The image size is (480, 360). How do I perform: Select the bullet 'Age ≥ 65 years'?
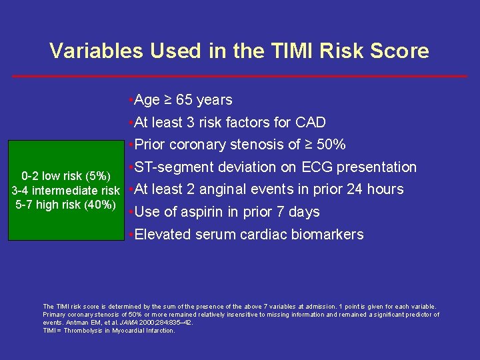click(182, 100)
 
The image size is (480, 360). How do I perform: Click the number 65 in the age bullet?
click(185, 100)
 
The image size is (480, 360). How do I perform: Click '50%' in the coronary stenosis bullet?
click(330, 145)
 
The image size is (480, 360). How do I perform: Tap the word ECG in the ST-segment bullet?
click(317, 167)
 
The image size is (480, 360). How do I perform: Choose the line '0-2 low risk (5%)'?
click(66, 177)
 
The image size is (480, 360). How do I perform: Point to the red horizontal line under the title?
click(240, 76)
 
